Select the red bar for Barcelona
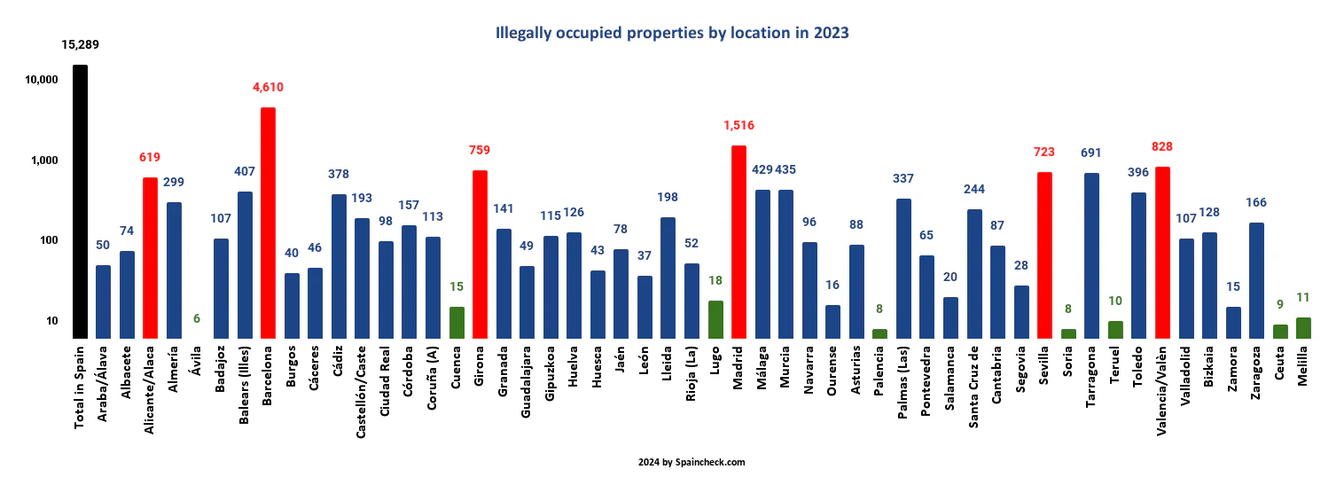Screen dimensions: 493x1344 pos(268,223)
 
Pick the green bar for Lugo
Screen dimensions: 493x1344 pos(715,319)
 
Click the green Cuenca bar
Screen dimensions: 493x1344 pos(457,322)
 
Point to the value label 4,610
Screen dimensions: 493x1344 pos(268,87)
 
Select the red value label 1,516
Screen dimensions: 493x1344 pos(738,125)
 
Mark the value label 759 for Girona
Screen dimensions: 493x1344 pos(480,150)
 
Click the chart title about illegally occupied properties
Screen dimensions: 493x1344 pos(671,34)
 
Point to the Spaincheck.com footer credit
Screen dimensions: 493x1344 pos(691,462)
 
